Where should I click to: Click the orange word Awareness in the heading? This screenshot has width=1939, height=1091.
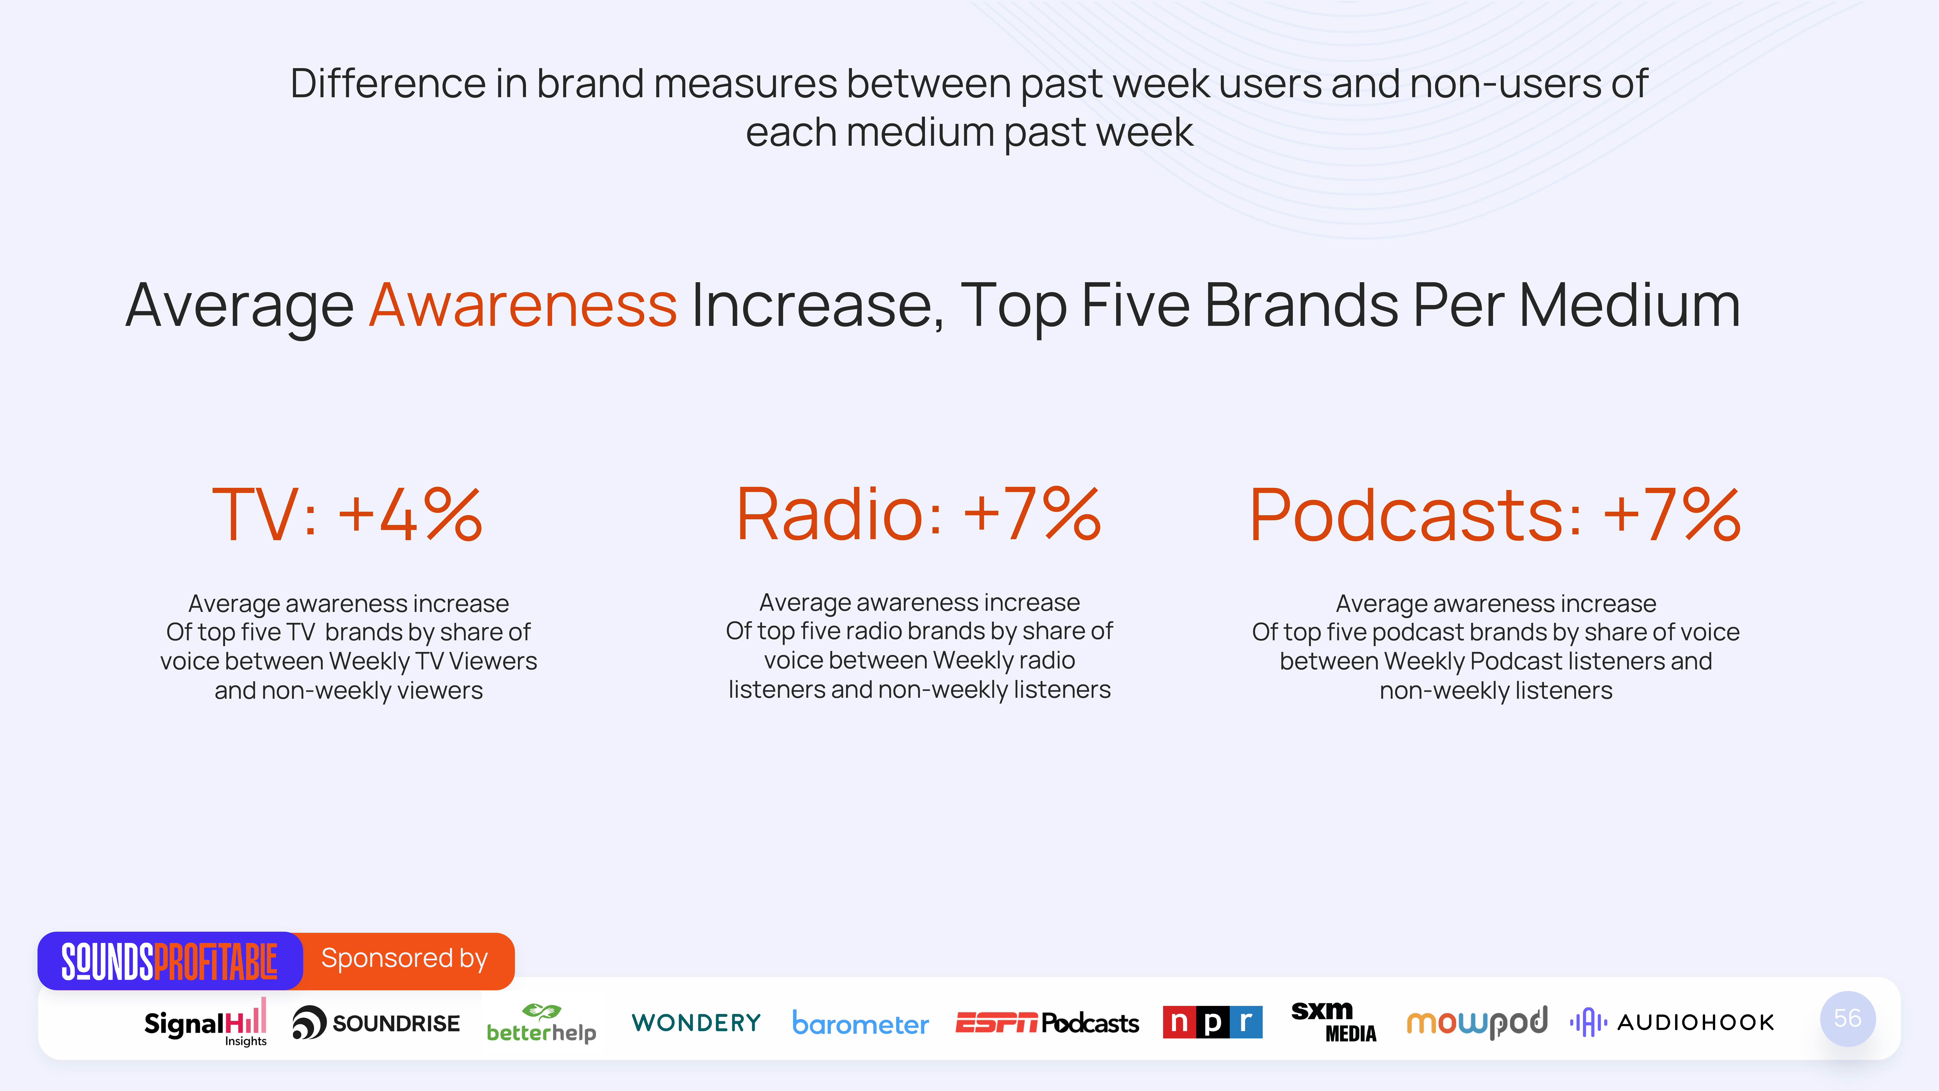(x=523, y=305)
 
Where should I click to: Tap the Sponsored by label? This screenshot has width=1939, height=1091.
(x=404, y=958)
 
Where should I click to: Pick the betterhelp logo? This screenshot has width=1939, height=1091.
(x=541, y=1023)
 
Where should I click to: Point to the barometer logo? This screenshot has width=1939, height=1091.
(x=860, y=1023)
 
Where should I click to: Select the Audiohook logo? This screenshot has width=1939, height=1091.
(x=1672, y=1022)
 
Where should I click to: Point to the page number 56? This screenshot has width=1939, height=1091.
(x=1847, y=1019)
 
